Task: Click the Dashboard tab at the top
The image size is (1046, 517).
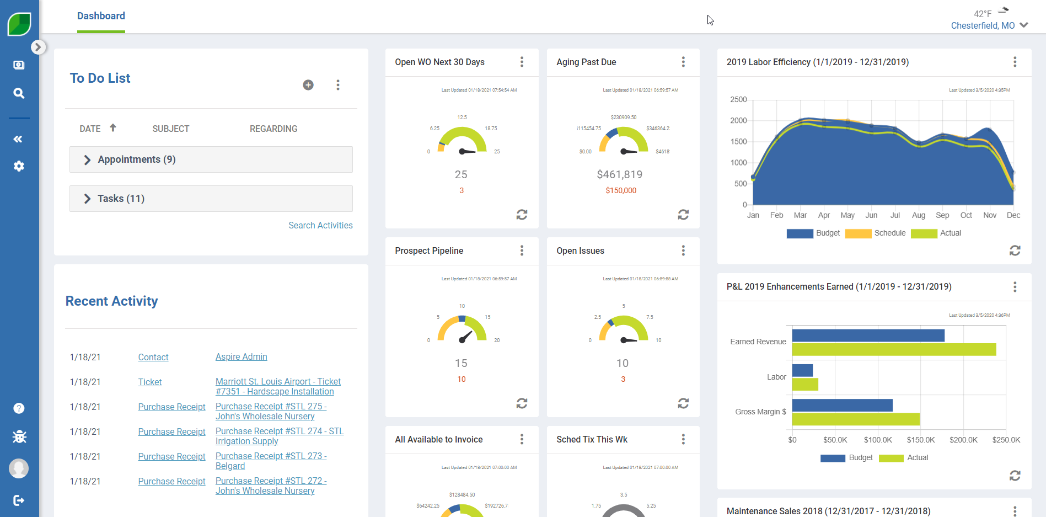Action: (x=101, y=16)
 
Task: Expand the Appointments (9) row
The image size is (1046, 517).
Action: (x=136, y=159)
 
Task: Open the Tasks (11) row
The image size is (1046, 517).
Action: (x=121, y=199)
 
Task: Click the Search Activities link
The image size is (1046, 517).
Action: (x=320, y=225)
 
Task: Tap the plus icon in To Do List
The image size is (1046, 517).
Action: (x=308, y=85)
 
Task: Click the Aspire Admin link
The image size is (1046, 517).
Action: (x=241, y=357)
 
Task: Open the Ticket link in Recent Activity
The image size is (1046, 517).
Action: (x=150, y=382)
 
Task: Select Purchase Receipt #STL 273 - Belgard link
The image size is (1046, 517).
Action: (x=271, y=461)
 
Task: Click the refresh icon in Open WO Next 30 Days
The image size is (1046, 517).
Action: (x=522, y=215)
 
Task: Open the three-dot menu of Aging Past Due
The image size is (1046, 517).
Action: (x=683, y=62)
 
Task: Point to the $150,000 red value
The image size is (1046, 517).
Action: (x=621, y=190)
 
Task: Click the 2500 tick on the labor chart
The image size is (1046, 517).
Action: (x=738, y=99)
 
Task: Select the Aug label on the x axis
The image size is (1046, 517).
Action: (x=919, y=215)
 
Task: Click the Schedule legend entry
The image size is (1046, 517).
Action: (x=889, y=233)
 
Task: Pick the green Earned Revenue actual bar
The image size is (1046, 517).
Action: (x=894, y=349)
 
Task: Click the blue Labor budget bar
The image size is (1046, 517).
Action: (x=802, y=370)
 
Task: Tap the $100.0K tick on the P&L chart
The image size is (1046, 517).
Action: (x=878, y=440)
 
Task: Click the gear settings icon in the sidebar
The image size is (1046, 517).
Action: (x=19, y=166)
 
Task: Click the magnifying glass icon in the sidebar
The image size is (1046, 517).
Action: (x=19, y=93)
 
